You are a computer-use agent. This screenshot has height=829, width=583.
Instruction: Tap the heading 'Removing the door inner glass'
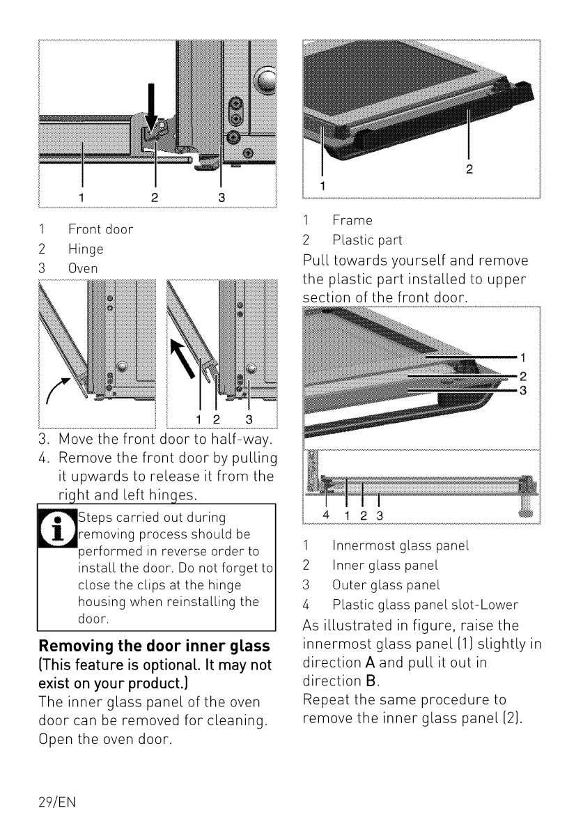coord(155,646)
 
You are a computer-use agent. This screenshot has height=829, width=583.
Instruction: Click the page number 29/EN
coord(57,802)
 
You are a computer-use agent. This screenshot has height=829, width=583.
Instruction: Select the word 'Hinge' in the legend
coord(86,249)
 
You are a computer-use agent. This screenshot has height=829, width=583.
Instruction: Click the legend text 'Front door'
coord(100,229)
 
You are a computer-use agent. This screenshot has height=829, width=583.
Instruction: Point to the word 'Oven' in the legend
coord(83,269)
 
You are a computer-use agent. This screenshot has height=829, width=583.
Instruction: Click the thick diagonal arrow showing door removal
coord(183,359)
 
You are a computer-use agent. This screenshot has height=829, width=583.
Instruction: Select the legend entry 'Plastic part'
coord(367,240)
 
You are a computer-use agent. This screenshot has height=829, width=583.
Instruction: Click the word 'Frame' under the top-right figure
coord(352,220)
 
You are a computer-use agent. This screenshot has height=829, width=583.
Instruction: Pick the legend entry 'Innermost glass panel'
coord(401,545)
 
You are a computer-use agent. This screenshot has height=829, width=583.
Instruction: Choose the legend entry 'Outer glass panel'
coord(387,585)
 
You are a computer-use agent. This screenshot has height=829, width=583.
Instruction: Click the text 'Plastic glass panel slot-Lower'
coord(426,605)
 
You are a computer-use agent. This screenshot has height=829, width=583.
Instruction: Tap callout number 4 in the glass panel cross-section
coord(325,515)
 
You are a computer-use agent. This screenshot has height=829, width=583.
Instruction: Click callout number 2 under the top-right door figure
coord(469,169)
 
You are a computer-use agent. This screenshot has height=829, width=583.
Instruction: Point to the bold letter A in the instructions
coord(370,663)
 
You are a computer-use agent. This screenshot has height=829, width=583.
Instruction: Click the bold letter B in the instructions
coord(371,681)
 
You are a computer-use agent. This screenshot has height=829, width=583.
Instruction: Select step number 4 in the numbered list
coord(43,458)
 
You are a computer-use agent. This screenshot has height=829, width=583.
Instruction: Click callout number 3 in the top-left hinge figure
coord(221,197)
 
